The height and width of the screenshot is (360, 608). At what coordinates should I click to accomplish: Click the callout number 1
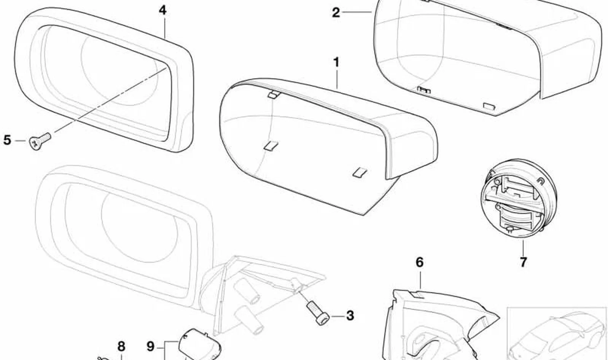click(x=336, y=63)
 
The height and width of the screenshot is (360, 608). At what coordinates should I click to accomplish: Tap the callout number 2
click(x=336, y=13)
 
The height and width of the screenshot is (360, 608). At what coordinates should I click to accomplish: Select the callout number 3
click(x=350, y=316)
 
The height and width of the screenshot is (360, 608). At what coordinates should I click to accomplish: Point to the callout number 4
click(x=162, y=10)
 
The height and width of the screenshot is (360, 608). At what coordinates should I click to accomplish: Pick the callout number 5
click(x=7, y=140)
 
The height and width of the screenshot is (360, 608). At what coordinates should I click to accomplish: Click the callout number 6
click(x=420, y=263)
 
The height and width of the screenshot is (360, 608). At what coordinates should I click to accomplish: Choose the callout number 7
click(x=523, y=262)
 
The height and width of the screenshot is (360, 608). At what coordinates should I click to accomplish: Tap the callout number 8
click(x=121, y=346)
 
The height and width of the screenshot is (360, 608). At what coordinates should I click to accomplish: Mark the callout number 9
click(x=150, y=346)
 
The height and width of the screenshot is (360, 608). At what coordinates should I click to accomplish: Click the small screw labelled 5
click(x=40, y=141)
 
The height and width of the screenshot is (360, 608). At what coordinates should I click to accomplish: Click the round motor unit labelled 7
click(x=519, y=198)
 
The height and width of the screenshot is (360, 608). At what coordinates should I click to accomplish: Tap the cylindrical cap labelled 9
click(x=199, y=345)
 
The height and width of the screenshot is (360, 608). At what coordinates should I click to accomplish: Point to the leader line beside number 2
click(x=357, y=12)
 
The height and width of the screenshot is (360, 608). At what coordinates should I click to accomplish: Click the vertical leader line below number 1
click(x=337, y=79)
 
